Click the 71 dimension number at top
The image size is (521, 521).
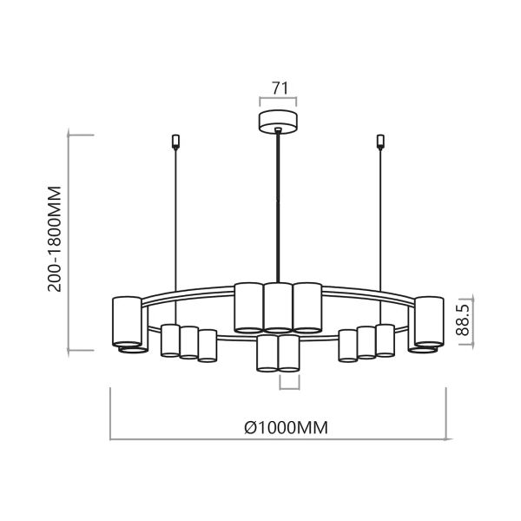coord(279,88)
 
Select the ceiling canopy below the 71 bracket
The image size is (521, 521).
coord(279,122)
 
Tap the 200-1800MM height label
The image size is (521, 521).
coord(56,239)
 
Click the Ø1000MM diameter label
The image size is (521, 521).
coord(279,427)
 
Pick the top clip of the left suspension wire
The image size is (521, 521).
coord(175,141)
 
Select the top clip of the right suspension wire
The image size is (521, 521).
coord(379,141)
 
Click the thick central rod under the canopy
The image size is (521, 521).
coord(278,208)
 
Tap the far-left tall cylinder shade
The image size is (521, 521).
coord(127,321)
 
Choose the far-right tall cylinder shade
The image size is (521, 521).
coord(429,321)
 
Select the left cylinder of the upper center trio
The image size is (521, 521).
coord(248,307)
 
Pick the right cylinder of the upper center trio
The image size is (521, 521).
coord(307,307)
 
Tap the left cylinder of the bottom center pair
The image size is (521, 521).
coord(267,353)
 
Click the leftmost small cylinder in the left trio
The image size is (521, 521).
coord(170,340)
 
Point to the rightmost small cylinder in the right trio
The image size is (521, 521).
coord(385,340)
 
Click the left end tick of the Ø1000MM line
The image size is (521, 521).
coord(110,415)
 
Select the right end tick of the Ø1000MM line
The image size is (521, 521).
coord(445,415)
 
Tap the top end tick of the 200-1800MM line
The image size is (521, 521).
coord(81,135)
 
